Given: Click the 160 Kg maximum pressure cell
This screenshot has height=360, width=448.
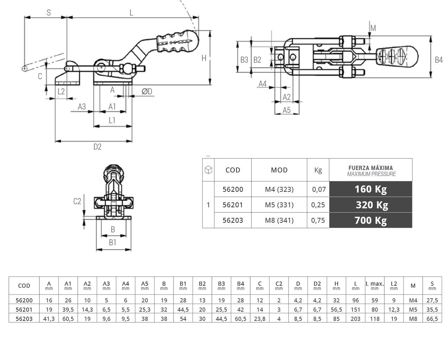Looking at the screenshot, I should tap(371, 189).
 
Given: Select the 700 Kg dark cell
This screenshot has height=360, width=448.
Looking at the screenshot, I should tap(371, 220).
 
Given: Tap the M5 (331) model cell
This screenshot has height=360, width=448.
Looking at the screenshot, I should tap(279, 205).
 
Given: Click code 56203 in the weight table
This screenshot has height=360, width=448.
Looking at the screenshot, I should tap(233, 220).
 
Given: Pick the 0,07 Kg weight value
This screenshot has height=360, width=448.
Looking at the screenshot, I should tap(318, 189).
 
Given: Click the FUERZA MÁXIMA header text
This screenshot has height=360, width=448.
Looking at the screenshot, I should tap(371, 168).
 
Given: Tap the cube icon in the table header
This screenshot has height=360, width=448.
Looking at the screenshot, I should tap(208, 170).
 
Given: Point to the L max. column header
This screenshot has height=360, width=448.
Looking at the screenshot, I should tap(374, 284).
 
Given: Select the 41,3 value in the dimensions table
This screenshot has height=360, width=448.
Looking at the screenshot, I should tap(49, 319).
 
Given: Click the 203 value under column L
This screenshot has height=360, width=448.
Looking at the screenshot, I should tap(355, 319).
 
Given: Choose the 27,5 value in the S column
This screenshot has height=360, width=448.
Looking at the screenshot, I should tap(432, 301).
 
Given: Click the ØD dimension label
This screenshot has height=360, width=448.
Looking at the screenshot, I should tap(147, 91).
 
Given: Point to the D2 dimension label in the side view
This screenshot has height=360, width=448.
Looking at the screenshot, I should tap(97, 147).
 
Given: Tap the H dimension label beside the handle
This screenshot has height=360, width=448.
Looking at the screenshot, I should tap(204, 58).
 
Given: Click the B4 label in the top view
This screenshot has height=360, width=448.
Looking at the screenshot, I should tap(438, 60).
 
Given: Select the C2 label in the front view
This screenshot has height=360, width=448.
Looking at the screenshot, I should tap(77, 201).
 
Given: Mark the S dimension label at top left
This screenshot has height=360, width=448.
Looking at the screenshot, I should tap(49, 13).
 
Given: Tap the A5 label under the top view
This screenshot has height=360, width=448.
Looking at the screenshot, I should tap(287, 110).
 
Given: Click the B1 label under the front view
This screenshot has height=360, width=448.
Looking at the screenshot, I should tap(113, 242).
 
